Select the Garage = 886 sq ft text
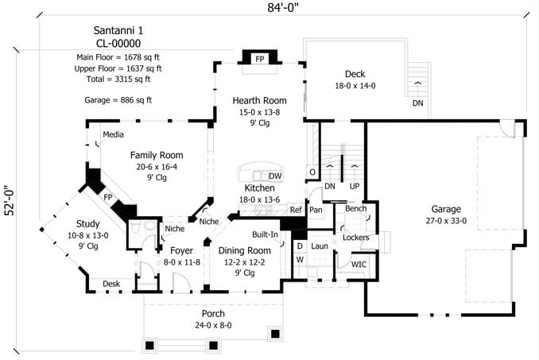118,100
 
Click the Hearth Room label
259,101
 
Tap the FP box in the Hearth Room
259,59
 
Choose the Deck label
349,74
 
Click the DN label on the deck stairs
417,103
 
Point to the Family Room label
157,155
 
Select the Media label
113,134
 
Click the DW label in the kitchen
275,176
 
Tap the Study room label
88,223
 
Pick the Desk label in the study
111,284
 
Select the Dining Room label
245,250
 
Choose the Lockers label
355,238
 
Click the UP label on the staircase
354,186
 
